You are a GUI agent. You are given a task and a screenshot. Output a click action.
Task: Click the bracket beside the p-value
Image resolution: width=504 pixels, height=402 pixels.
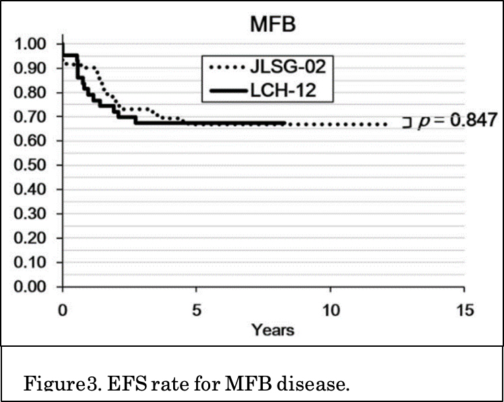coord(407,122)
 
